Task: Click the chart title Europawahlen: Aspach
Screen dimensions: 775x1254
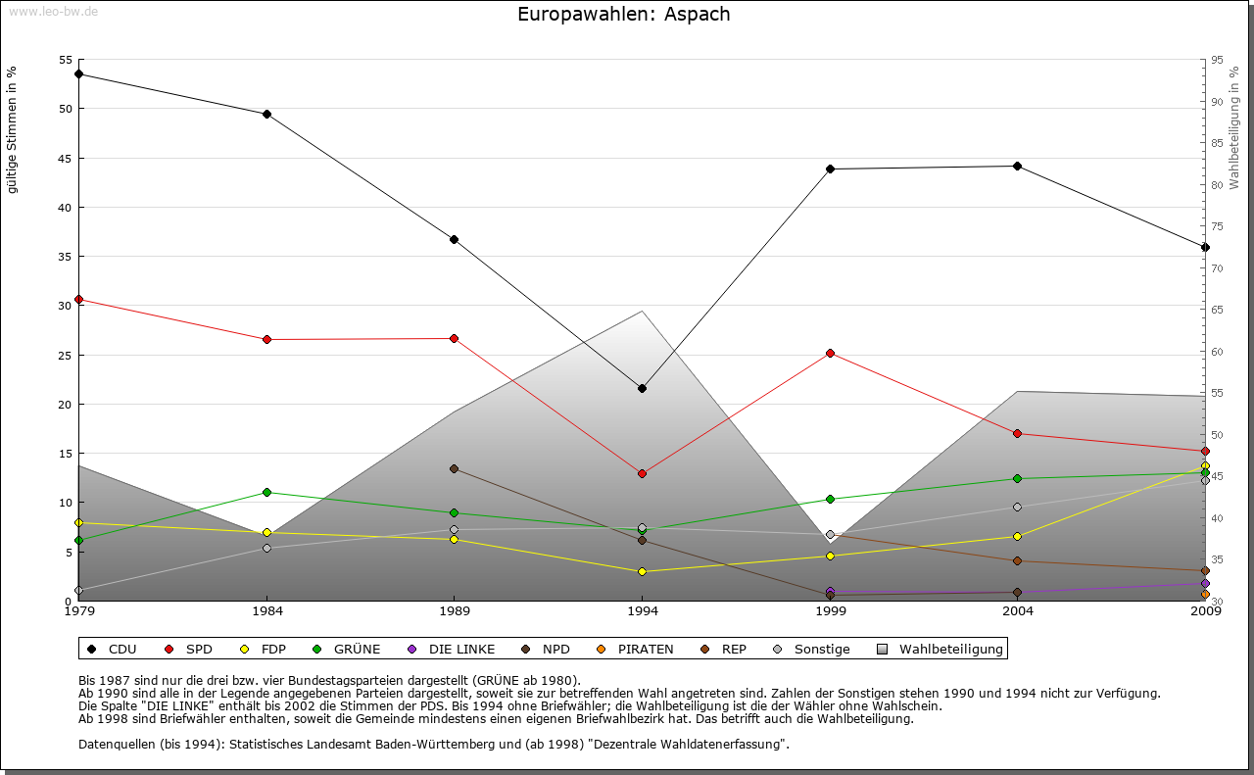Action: pyautogui.click(x=623, y=15)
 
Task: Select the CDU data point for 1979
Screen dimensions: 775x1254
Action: pyautogui.click(x=78, y=74)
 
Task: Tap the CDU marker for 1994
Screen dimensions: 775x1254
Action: pyautogui.click(x=642, y=389)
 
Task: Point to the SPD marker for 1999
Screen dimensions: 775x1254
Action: pyautogui.click(x=830, y=353)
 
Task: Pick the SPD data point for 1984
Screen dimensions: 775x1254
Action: pyautogui.click(x=266, y=340)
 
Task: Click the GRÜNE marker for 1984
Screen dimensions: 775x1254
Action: pyautogui.click(x=266, y=492)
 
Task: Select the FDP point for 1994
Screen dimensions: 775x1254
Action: pyautogui.click(x=642, y=571)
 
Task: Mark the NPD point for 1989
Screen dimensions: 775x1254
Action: pyautogui.click(x=454, y=468)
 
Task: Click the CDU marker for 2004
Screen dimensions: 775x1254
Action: pyautogui.click(x=1018, y=167)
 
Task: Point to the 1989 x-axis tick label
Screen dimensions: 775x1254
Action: pyautogui.click(x=455, y=613)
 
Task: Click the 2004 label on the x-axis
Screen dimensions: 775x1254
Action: pyautogui.click(x=1018, y=613)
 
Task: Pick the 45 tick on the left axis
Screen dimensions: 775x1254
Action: pyautogui.click(x=66, y=159)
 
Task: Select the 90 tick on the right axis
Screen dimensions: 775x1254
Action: pyautogui.click(x=1215, y=102)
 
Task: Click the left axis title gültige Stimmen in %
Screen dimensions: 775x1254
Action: pyautogui.click(x=13, y=130)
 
